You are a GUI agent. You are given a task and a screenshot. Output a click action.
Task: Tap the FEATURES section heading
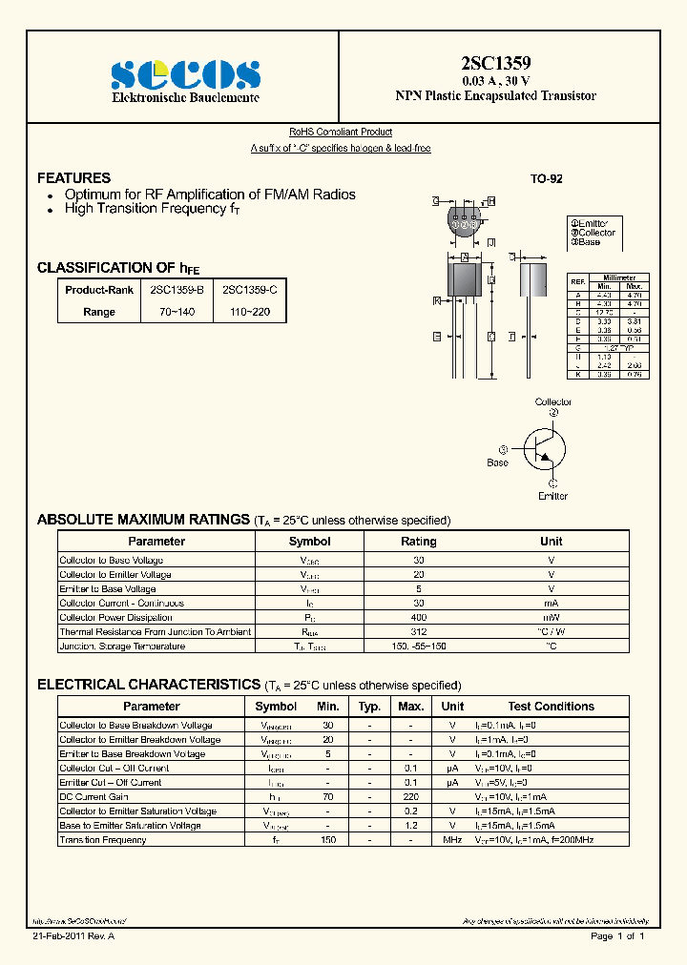73,178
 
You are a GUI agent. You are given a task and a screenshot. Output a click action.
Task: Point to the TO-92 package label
547,179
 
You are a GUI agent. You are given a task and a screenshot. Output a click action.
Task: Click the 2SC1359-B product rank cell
177,288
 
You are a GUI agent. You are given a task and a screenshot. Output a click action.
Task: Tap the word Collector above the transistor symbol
553,402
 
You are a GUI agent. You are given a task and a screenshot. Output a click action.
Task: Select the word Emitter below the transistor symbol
552,496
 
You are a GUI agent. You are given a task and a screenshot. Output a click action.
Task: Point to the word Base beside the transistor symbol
498,462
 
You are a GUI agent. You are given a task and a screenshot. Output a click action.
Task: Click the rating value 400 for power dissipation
418,617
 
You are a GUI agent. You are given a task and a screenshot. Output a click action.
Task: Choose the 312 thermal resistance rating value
418,631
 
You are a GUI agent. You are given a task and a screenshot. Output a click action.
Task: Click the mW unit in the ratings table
551,617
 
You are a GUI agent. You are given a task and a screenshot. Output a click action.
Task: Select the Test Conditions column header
551,707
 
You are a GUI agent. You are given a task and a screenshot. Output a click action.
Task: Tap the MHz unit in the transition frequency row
452,840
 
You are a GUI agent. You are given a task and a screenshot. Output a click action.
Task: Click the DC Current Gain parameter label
94,796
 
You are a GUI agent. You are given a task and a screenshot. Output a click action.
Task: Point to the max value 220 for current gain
410,796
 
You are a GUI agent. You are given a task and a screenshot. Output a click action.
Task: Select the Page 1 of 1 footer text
618,936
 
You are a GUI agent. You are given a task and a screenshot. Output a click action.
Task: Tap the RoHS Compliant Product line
341,133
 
